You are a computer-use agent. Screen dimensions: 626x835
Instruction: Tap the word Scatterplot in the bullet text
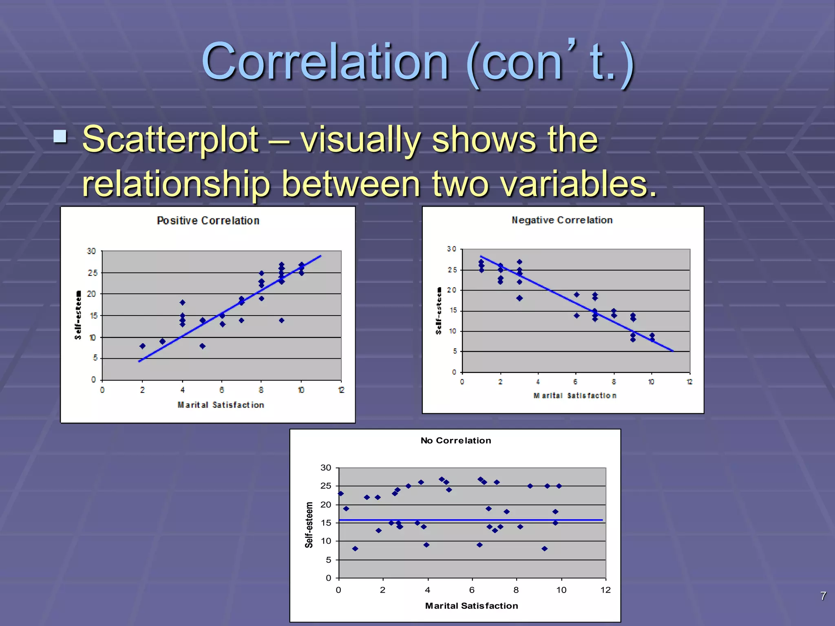click(x=170, y=140)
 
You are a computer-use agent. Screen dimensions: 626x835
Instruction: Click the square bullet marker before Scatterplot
click(x=60, y=136)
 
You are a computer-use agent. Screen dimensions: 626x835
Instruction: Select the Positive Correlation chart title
click(x=208, y=220)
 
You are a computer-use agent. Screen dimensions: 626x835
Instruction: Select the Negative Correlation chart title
click(x=562, y=220)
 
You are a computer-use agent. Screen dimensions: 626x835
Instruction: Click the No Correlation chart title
click(x=455, y=441)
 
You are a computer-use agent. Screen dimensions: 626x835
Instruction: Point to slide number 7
click(x=823, y=596)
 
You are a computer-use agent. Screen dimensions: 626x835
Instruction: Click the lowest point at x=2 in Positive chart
click(x=142, y=346)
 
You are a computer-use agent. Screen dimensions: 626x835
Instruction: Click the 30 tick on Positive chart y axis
click(x=91, y=251)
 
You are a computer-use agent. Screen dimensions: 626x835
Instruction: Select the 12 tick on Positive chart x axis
click(x=341, y=390)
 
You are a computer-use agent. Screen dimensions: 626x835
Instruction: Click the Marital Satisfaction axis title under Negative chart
click(x=575, y=395)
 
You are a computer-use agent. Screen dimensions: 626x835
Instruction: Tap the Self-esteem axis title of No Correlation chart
click(x=309, y=525)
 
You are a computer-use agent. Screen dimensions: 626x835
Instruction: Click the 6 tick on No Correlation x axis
click(x=472, y=590)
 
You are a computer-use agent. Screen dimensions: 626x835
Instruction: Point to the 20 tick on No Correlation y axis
click(x=326, y=505)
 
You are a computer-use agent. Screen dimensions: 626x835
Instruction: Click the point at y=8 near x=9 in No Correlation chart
click(x=544, y=549)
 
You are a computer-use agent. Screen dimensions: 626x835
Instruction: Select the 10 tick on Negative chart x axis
click(x=651, y=382)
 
